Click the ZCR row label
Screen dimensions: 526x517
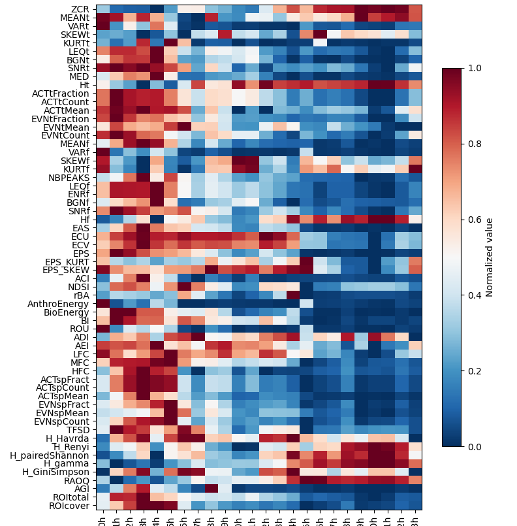pos(81,8)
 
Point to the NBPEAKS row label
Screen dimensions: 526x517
pos(69,177)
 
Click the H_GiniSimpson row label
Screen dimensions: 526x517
pos(56,472)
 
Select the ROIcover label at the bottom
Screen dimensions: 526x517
pos(70,505)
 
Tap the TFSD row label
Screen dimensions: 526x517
pos(78,429)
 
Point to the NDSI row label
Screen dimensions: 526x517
pos(78,286)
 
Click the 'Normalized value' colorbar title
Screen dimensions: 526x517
pos(490,257)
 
